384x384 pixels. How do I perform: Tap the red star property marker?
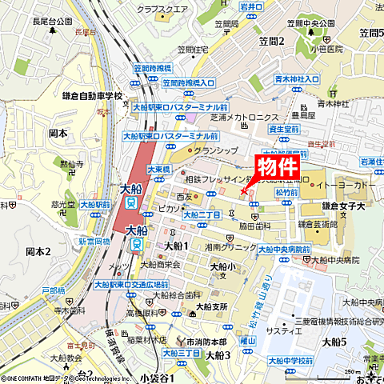click(x=244, y=190)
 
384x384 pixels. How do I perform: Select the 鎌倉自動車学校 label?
click(x=93, y=96)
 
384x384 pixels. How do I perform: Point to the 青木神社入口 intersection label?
click(x=297, y=79)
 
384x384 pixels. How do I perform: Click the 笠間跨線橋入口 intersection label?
click(x=189, y=82)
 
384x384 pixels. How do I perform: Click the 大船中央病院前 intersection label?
click(x=282, y=250)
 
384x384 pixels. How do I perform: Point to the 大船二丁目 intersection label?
click(x=202, y=214)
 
